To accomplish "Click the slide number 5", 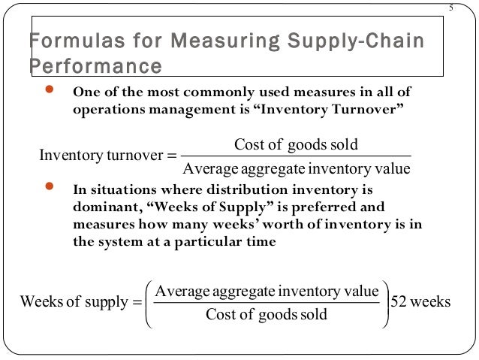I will point(451,8).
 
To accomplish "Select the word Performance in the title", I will point(95,65).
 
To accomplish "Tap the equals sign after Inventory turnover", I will point(170,156).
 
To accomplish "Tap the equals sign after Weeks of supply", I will point(136,302).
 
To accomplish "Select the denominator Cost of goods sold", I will point(267,314).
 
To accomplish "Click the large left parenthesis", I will point(147,302).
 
